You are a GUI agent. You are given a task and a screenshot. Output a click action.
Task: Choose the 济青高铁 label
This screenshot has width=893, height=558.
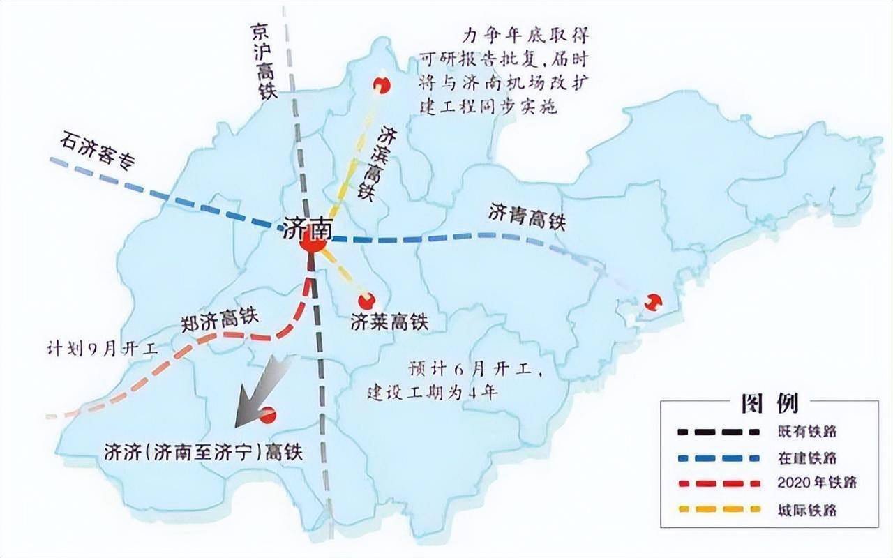pos(526,216)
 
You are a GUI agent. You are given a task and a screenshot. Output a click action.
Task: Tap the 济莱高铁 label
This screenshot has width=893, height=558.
pos(389,322)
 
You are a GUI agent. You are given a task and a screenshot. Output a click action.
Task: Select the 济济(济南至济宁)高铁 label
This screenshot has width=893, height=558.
pos(203,451)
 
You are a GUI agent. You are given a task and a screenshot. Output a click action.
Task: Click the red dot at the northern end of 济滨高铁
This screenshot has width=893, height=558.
pos(381,84)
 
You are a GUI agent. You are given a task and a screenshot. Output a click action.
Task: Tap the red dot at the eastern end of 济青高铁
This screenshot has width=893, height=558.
pos(653,302)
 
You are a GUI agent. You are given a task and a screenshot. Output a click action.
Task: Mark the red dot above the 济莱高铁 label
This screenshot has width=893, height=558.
pos(366,301)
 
